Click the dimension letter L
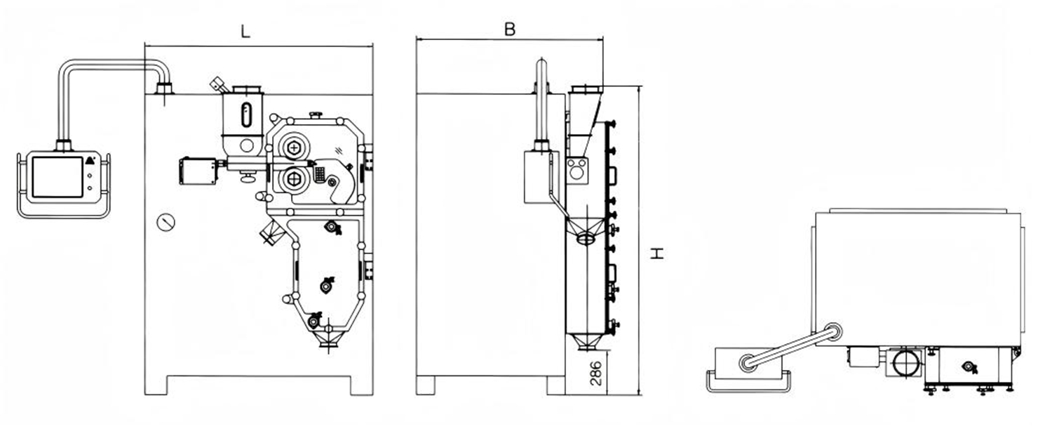(x=245, y=32)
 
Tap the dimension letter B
(x=510, y=29)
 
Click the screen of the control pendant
(x=58, y=176)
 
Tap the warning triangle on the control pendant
(x=90, y=160)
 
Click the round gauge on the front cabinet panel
(x=166, y=223)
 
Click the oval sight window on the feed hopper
(x=246, y=115)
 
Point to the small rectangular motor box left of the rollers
(x=198, y=170)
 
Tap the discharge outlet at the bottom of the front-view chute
(x=326, y=342)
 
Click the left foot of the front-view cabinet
(x=156, y=385)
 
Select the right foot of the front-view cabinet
(x=362, y=385)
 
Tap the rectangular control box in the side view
(x=541, y=176)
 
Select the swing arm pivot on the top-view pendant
(x=748, y=363)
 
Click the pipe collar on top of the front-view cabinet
(x=164, y=88)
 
